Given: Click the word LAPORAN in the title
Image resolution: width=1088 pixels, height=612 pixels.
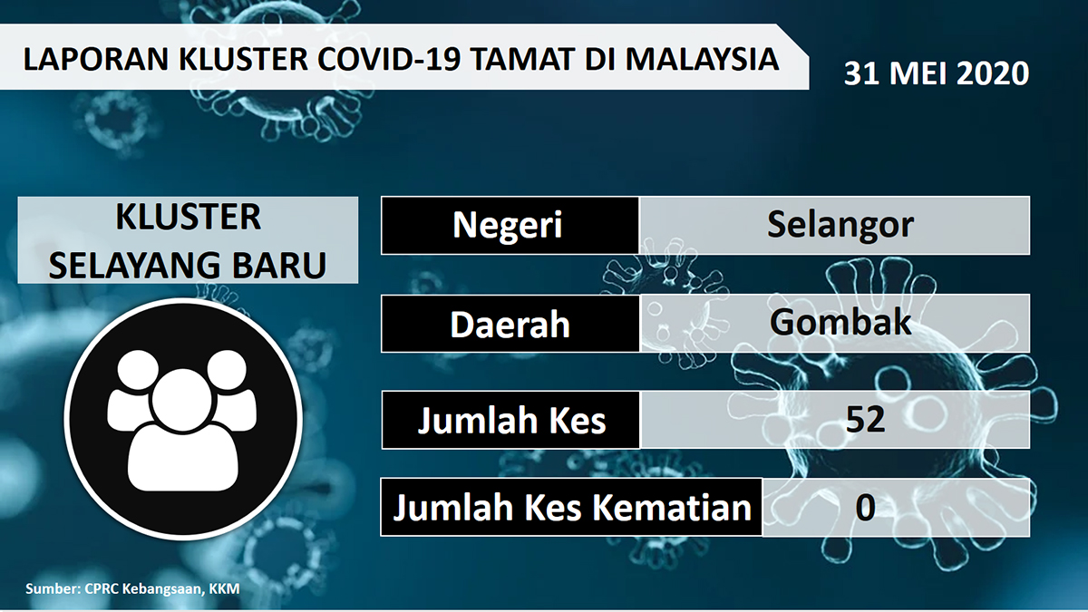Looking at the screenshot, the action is pos(96,59).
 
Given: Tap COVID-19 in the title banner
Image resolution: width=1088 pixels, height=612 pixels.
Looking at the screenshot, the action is pos(389,59).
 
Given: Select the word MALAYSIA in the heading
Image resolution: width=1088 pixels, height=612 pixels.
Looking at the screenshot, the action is pos(703,59).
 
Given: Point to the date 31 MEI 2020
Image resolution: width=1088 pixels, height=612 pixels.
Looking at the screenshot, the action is pos(937,73).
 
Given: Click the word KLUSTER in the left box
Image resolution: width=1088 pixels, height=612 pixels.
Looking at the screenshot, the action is pos(188,218).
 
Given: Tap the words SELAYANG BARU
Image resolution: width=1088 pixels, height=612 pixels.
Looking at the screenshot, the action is pos(188,266).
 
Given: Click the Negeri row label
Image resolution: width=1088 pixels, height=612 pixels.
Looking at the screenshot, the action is pos(508,226).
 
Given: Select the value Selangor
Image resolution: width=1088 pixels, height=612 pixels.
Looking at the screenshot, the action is pos(840,225).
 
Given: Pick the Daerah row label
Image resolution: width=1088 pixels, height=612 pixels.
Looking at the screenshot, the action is pos(510,325).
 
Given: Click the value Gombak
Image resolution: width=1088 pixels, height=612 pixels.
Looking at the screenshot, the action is pos(840,322).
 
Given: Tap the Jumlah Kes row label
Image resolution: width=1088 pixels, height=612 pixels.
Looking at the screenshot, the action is pos(512,421).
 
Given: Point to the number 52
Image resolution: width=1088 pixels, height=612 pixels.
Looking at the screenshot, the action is pos(866,420).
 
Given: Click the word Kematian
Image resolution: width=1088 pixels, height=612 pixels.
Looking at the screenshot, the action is pos(672,508).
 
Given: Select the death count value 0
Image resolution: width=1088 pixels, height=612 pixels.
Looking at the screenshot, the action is pos(866,508).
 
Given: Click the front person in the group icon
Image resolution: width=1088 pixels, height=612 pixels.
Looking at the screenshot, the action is pos(183,431).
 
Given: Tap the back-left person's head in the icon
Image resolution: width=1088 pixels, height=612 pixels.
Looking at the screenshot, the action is pos(139,370).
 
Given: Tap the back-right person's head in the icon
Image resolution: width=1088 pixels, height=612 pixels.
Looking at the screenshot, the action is pos(227,370).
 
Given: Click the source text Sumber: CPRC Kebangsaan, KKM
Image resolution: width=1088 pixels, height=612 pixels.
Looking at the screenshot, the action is pos(132,588).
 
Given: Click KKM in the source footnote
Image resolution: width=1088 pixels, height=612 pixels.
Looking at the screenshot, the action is pos(225,588).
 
